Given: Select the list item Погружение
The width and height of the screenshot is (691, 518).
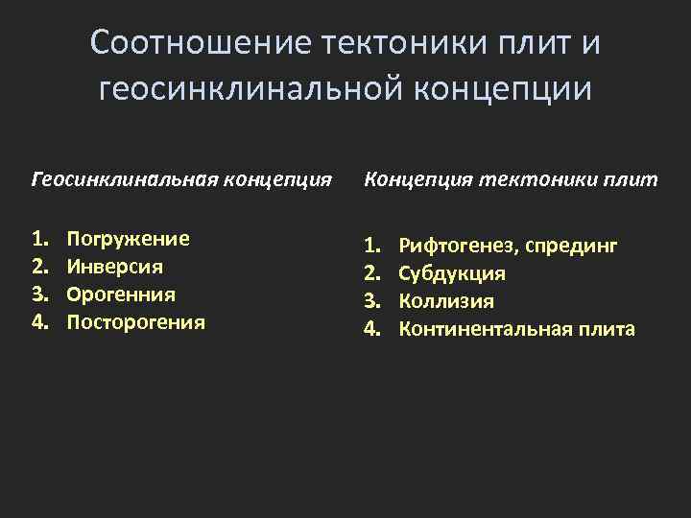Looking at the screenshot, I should pyautogui.click(x=128, y=239).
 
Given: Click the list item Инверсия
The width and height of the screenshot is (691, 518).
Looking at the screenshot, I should pyautogui.click(x=114, y=266).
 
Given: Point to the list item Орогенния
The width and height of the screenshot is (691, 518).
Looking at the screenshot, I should pyautogui.click(x=121, y=294).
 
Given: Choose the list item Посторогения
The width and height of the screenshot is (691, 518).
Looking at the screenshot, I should pyautogui.click(x=135, y=321).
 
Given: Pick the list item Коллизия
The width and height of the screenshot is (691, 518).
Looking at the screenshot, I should pyautogui.click(x=446, y=302).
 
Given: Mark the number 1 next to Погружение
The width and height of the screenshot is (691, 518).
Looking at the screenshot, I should pyautogui.click(x=37, y=239).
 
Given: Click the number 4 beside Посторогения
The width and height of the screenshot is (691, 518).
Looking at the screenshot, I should pyautogui.click(x=37, y=321).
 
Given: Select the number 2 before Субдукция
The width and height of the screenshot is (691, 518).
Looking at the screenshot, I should pyautogui.click(x=369, y=274).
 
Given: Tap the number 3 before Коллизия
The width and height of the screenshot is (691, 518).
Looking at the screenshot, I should pyautogui.click(x=369, y=302).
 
